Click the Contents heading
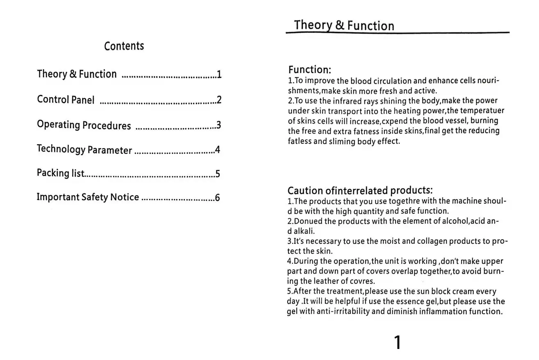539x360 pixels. click(124, 46)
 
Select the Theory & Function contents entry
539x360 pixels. click(77, 74)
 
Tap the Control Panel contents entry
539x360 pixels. click(66, 100)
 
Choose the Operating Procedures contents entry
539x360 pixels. click(84, 125)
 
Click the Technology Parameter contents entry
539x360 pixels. click(84, 149)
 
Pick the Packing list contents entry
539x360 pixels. click(60, 173)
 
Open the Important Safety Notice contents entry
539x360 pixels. click(88, 197)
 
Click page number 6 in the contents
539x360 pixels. click(217, 198)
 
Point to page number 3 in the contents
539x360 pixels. click(218, 125)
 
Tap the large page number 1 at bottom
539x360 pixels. click(397, 342)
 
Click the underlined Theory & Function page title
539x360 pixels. click(343, 25)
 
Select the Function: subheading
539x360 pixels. click(309, 69)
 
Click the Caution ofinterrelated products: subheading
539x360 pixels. click(360, 190)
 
